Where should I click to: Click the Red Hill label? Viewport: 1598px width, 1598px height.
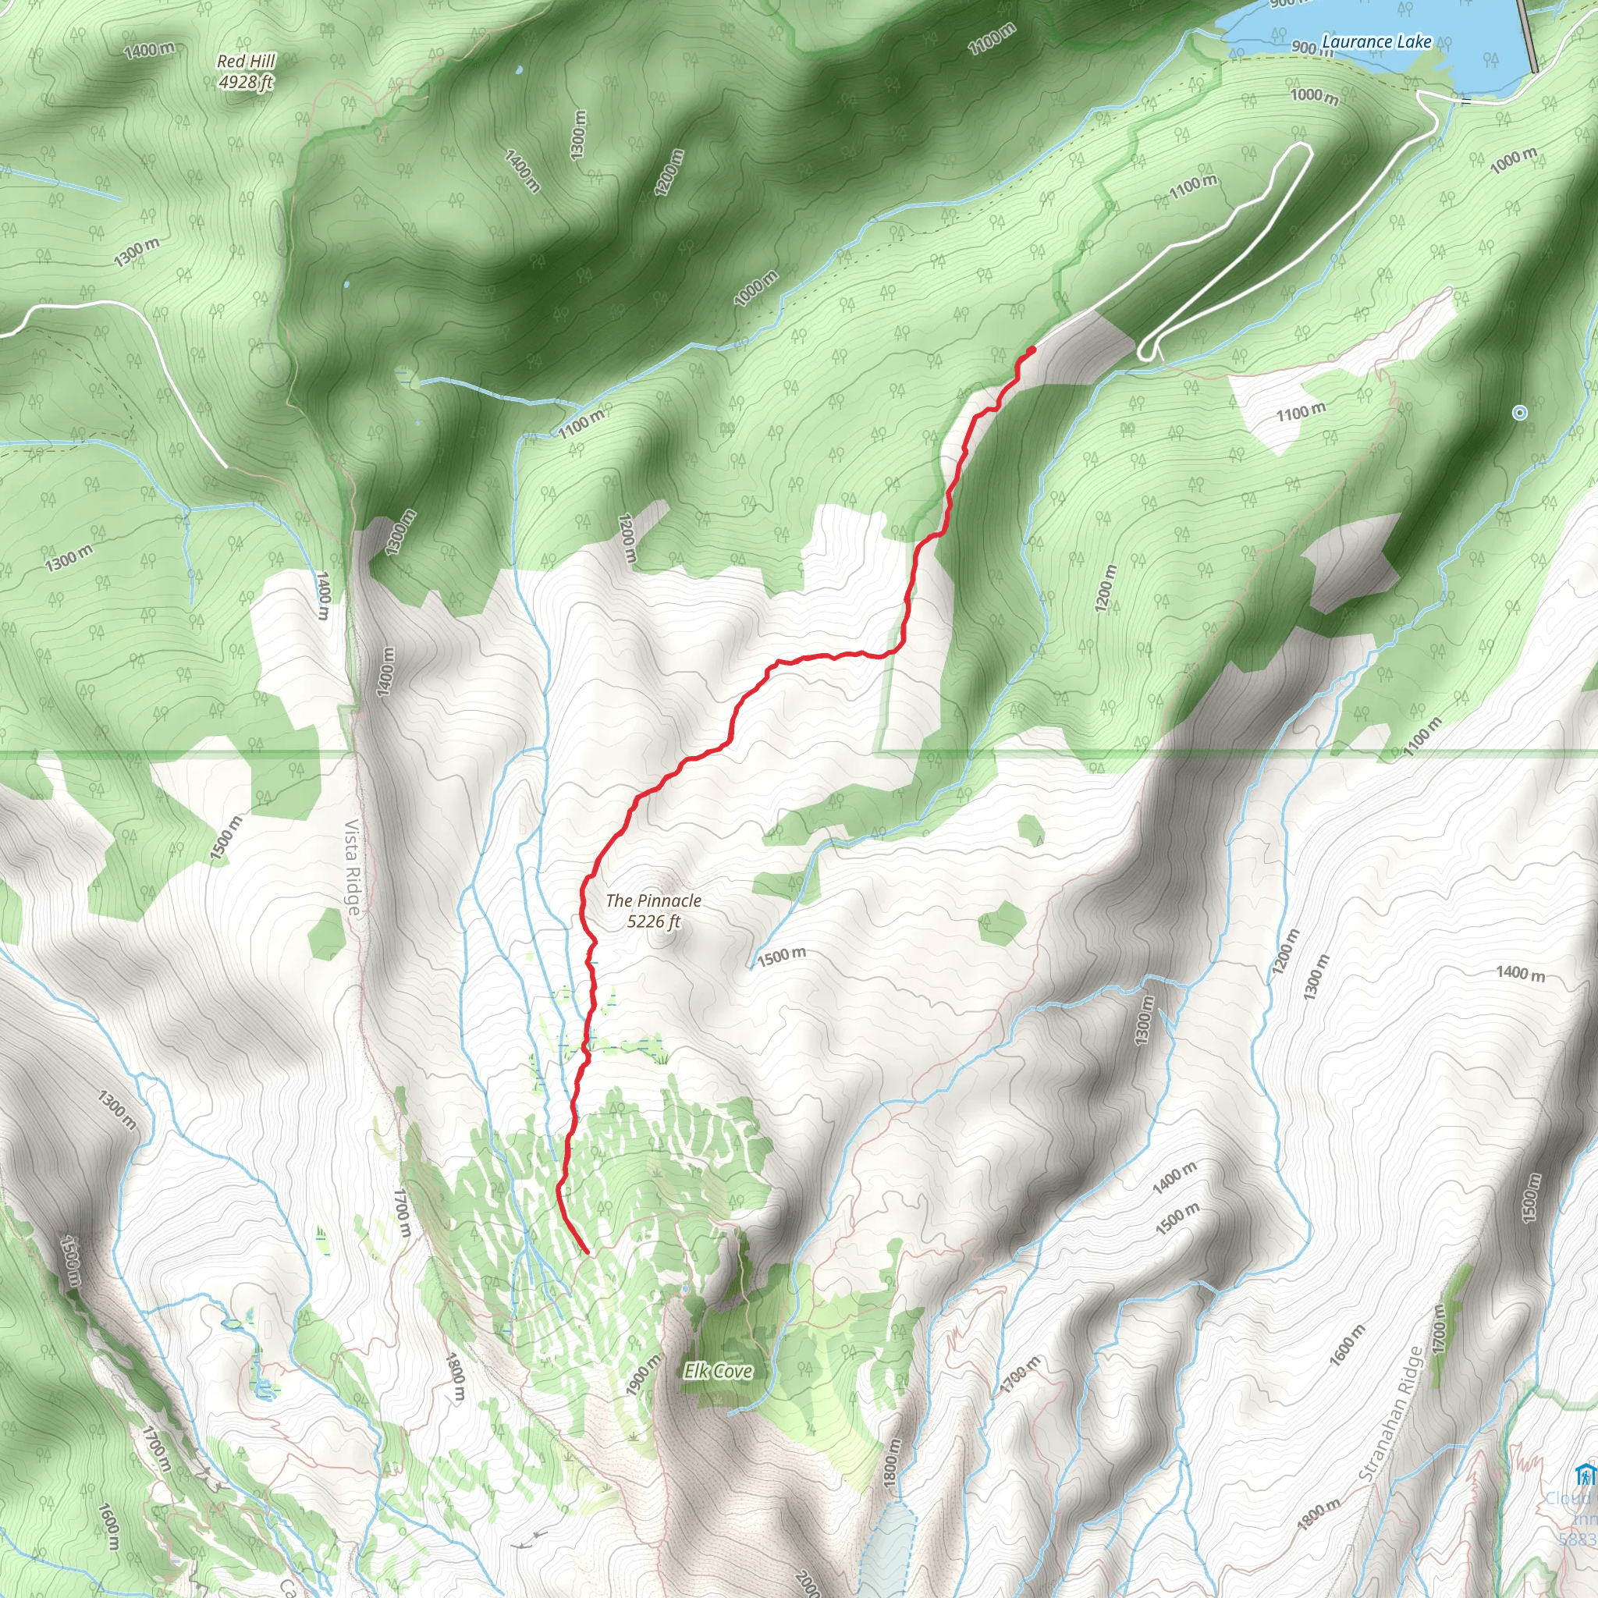[246, 61]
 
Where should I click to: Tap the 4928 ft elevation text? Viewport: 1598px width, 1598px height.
[246, 82]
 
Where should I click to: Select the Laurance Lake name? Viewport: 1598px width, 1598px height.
[1376, 41]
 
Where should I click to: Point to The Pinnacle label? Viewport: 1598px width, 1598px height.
[652, 900]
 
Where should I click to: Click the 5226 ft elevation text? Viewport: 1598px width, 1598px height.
[652, 922]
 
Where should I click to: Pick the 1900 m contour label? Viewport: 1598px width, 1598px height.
[645, 1376]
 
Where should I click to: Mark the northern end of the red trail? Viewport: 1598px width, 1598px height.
[1032, 350]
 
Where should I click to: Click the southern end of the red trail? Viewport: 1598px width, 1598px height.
[587, 1253]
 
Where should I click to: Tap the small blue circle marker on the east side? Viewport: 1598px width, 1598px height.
[1519, 412]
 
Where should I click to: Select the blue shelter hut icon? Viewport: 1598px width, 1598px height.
[1585, 1474]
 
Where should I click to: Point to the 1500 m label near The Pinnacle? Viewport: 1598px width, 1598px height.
[782, 956]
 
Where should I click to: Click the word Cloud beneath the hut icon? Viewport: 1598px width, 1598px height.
[1570, 1499]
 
